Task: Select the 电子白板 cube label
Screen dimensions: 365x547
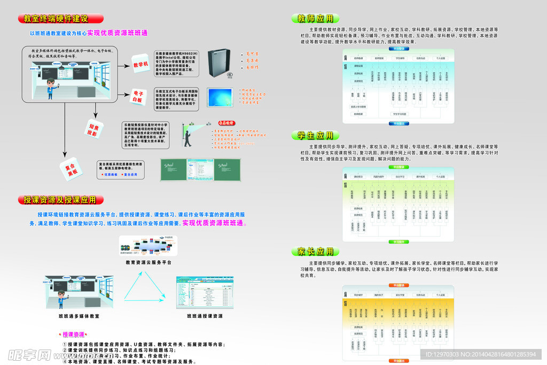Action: coord(137,96)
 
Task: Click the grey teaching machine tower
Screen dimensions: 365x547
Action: coord(220,62)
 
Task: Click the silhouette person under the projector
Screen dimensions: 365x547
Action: coord(187,137)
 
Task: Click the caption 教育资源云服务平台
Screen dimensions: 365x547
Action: coord(149,262)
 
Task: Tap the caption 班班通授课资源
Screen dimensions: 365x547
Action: coord(205,316)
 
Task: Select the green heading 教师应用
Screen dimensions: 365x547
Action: coord(315,19)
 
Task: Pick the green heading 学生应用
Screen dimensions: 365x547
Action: coord(315,135)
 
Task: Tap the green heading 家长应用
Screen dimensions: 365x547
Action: coord(315,251)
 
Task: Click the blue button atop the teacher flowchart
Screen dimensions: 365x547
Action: coord(399,48)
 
